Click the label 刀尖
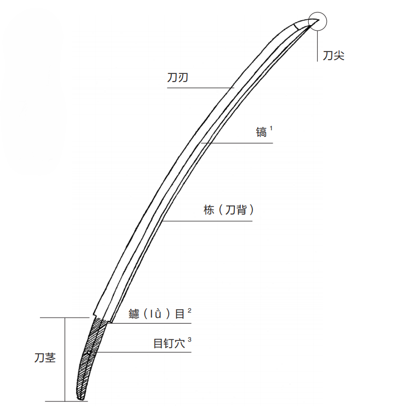[333, 56]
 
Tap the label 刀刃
[177, 78]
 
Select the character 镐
[261, 132]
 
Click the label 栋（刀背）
[229, 210]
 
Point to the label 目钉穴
[169, 343]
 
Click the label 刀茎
[45, 358]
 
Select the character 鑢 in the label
[134, 314]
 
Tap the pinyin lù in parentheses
[156, 314]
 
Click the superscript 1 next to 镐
[271, 128]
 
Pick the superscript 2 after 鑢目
[189, 310]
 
